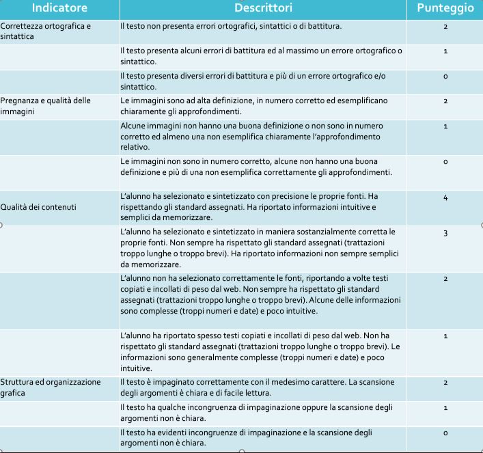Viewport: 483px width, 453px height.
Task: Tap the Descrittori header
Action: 263,8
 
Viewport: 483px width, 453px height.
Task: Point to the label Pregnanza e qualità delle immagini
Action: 45,106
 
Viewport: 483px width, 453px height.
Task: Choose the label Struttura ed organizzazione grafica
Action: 51,387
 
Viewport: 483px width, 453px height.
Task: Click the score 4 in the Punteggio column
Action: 445,197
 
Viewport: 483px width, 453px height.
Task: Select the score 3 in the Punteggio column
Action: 445,233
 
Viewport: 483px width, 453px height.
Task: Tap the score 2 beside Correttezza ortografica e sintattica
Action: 445,27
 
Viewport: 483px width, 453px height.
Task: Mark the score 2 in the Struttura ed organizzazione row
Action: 445,383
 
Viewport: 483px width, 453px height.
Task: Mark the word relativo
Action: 135,146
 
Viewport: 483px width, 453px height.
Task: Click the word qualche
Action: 169,408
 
